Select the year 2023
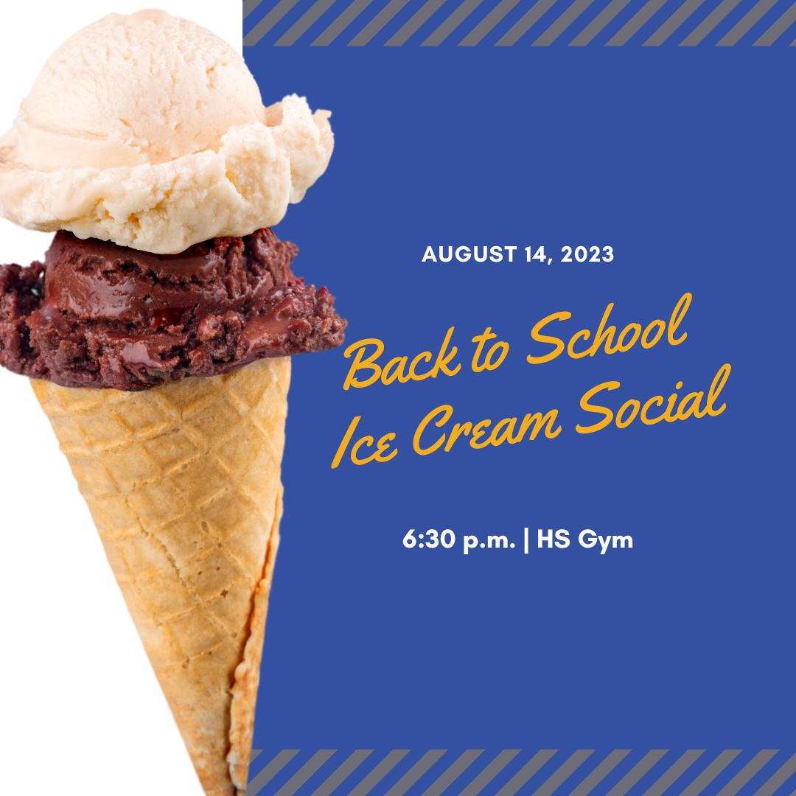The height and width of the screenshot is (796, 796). click(588, 255)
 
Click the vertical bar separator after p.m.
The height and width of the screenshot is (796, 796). click(526, 540)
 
